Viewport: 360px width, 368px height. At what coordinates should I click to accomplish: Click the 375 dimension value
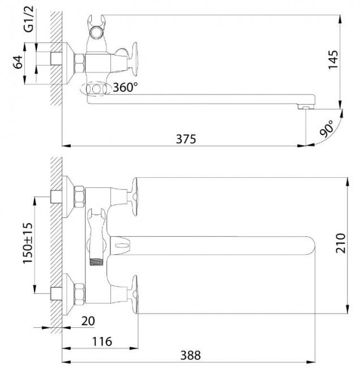(186, 139)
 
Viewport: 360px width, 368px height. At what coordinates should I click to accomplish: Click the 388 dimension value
(191, 356)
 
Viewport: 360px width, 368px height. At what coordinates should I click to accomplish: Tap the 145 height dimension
(333, 59)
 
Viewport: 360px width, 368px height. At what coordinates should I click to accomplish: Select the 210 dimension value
(341, 243)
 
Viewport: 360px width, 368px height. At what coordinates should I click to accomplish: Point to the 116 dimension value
(102, 341)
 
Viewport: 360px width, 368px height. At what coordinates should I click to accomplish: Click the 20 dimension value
(88, 321)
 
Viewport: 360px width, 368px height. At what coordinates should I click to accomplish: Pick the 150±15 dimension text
(28, 243)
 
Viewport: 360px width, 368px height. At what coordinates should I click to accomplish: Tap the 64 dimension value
(18, 62)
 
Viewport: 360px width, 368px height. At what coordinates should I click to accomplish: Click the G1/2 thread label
(29, 19)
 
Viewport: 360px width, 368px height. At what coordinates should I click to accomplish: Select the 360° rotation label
(125, 87)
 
